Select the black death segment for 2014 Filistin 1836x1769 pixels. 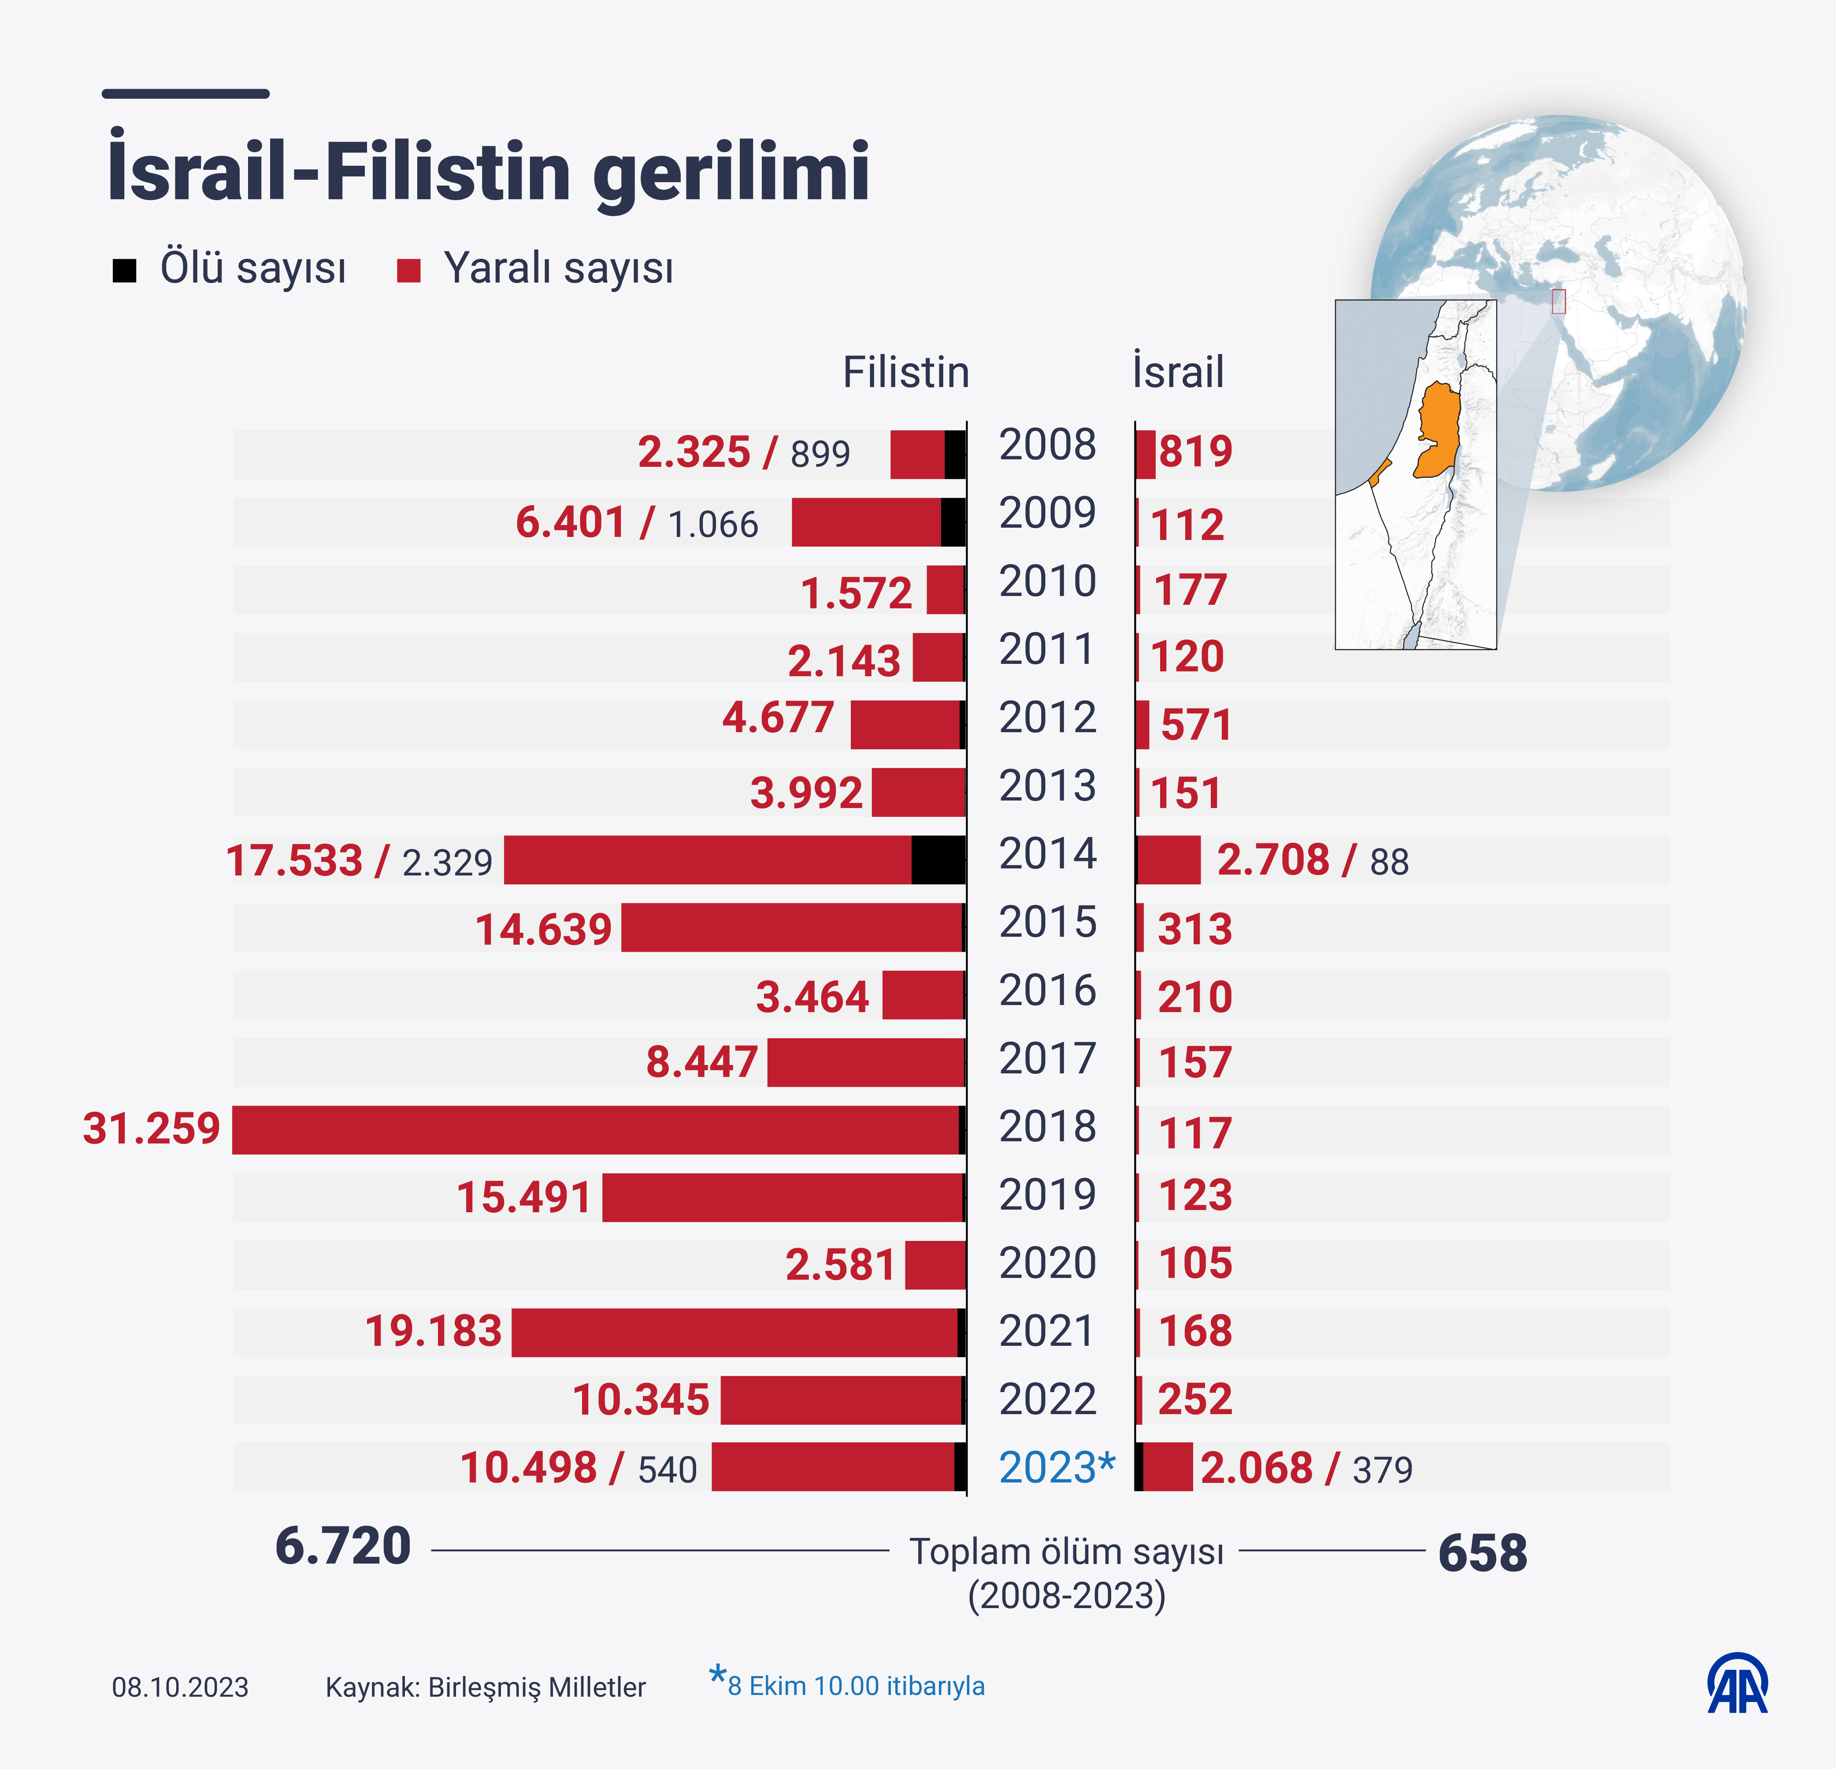coord(938,859)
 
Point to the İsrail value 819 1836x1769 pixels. coord(1195,452)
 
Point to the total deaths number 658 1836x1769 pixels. coord(1482,1553)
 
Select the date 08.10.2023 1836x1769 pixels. coord(180,1687)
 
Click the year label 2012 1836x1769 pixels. coord(1047,718)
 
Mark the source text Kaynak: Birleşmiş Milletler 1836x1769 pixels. coord(485,1687)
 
